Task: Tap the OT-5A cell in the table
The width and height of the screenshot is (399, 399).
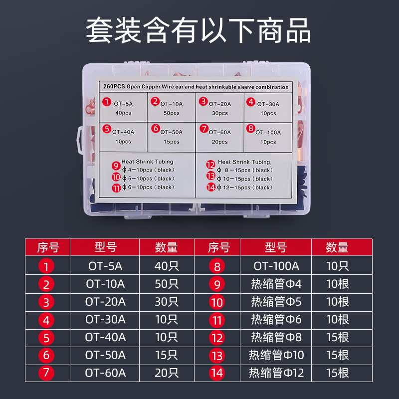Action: [105, 266]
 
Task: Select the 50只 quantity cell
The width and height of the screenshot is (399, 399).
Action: [167, 284]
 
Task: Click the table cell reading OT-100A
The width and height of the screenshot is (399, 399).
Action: [276, 266]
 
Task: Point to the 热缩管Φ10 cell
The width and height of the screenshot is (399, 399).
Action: [276, 355]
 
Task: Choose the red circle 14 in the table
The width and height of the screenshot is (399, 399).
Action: [217, 373]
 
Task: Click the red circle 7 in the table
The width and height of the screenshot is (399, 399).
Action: [46, 373]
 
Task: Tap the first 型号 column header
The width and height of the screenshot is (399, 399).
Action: [105, 247]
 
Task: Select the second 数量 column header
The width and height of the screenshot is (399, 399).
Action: [337, 247]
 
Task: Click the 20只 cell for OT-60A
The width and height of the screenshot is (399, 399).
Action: [167, 373]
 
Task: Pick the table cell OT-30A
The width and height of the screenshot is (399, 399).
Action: [105, 319]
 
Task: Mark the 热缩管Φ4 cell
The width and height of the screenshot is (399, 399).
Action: [276, 284]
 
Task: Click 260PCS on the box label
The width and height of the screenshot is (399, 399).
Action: [113, 87]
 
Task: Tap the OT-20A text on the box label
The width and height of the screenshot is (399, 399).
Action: [220, 104]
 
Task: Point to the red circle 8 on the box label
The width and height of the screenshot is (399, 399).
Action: [250, 129]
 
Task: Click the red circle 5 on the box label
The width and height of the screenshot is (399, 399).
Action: [107, 129]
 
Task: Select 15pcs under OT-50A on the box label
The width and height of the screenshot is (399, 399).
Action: [171, 142]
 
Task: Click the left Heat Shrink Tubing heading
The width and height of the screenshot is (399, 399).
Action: [147, 162]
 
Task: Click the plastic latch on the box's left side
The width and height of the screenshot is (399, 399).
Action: [79, 138]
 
